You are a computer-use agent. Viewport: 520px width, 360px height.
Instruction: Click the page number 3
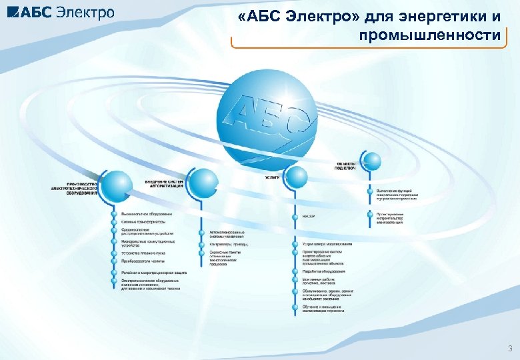[510, 349]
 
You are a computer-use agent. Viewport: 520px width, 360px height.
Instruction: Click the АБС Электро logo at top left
[59, 12]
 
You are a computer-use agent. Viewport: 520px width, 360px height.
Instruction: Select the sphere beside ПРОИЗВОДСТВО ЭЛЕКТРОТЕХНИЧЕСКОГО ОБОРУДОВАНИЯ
[117, 184]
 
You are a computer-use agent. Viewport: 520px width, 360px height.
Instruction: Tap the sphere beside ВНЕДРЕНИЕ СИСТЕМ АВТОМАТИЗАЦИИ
[200, 181]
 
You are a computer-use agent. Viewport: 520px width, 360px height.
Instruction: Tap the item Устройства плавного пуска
[143, 253]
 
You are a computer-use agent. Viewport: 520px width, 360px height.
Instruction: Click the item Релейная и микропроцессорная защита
[154, 273]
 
